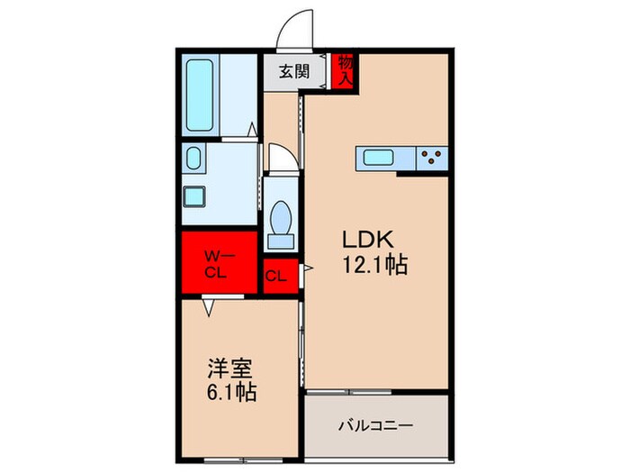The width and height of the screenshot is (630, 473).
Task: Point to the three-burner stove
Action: coord(432,159)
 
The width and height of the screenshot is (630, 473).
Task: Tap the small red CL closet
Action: coord(276,276)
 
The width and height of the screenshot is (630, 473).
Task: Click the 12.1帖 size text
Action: coord(375,266)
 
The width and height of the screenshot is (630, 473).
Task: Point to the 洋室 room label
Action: coord(229,369)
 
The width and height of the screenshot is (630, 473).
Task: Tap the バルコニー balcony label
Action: coord(375,424)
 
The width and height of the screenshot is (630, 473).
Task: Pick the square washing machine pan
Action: coord(193,196)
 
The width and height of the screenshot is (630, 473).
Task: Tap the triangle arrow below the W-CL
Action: coord(209,308)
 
